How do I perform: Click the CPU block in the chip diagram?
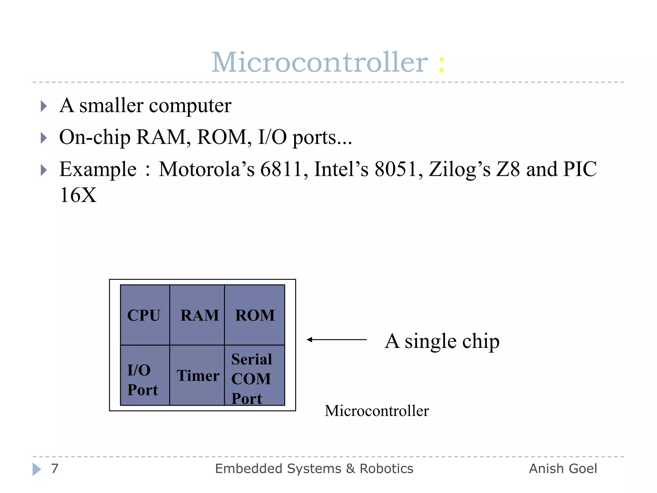click(145, 315)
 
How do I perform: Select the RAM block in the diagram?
click(197, 315)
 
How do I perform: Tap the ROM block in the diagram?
click(255, 315)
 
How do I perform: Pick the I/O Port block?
click(145, 376)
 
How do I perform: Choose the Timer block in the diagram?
click(197, 376)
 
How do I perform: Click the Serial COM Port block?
click(255, 376)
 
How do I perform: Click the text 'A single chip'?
click(442, 341)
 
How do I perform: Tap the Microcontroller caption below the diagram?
click(377, 411)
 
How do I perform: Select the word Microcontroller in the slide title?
click(320, 62)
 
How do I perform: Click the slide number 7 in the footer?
click(55, 469)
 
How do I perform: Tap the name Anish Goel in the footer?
click(563, 469)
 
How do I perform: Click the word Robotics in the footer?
click(386, 469)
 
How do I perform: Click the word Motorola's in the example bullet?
click(207, 169)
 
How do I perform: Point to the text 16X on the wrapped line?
click(78, 195)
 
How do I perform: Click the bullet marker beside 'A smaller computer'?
click(44, 106)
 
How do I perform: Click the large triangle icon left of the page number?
click(37, 469)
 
